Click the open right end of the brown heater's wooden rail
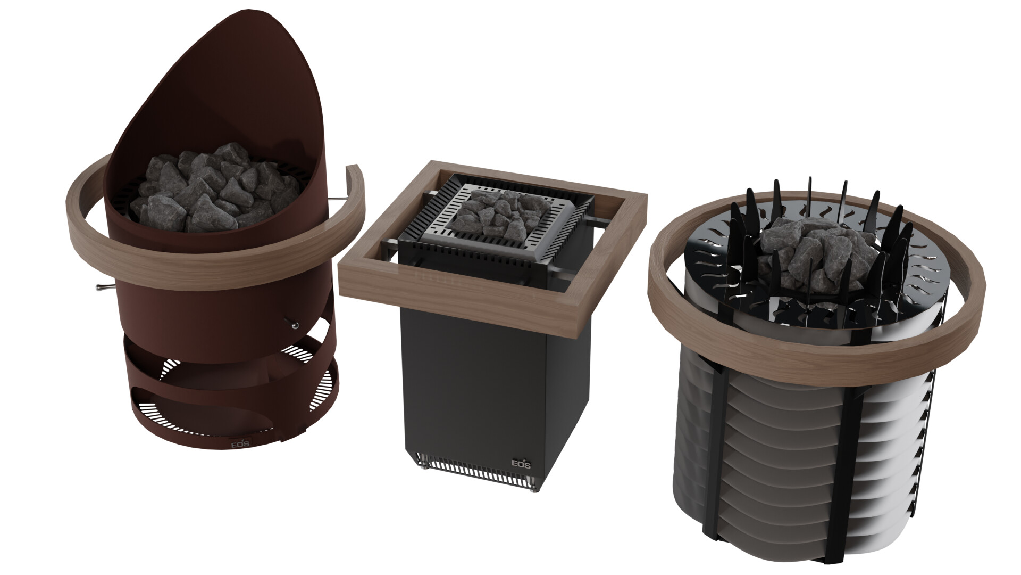tap(354, 171)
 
